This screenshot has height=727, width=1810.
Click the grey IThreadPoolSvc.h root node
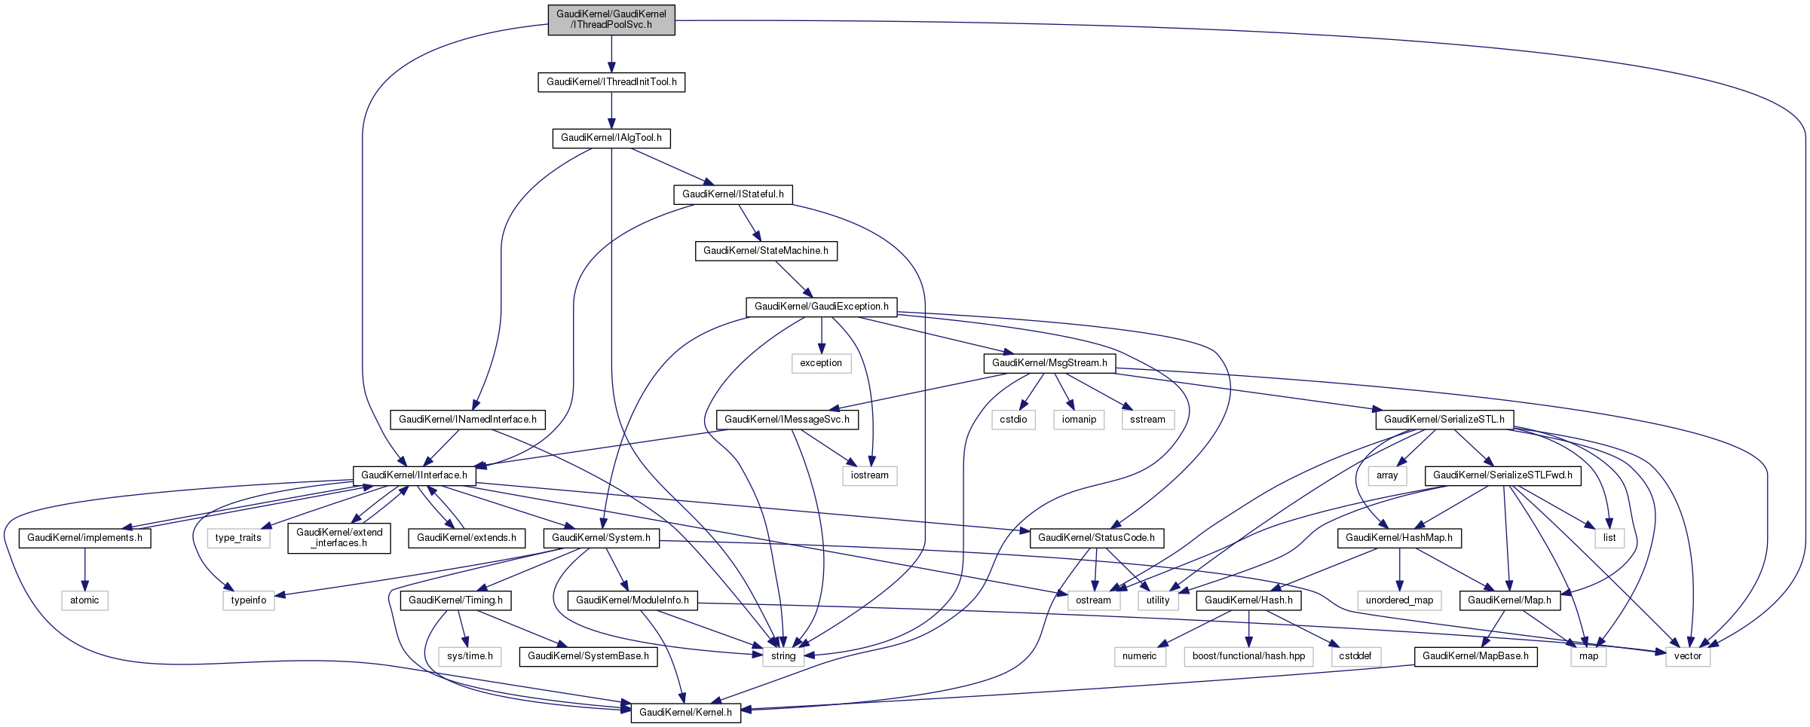tap(611, 20)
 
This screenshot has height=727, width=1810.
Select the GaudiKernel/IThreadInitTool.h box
tap(611, 82)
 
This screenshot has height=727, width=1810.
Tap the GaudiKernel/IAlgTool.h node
tap(611, 138)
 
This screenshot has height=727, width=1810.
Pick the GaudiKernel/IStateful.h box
tap(733, 194)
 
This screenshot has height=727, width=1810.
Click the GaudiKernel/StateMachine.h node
tap(765, 251)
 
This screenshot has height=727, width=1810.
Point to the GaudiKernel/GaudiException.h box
tap(821, 307)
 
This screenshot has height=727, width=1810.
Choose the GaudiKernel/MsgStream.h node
tap(1049, 363)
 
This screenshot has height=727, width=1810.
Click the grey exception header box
tap(821, 363)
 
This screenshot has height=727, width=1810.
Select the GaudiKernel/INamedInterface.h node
tap(467, 420)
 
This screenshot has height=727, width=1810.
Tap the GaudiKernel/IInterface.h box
tap(414, 475)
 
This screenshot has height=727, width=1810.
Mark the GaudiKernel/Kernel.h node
tap(685, 713)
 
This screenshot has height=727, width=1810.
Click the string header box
tap(783, 656)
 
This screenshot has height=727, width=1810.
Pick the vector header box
tap(1688, 656)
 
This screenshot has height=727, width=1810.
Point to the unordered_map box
tap(1399, 600)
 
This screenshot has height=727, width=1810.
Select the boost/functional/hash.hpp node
tap(1248, 656)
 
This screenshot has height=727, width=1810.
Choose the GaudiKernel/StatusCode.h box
tap(1096, 538)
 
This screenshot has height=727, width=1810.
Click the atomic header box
tap(84, 600)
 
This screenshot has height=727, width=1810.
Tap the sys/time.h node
tap(470, 656)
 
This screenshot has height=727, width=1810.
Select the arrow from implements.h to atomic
tap(85, 569)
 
